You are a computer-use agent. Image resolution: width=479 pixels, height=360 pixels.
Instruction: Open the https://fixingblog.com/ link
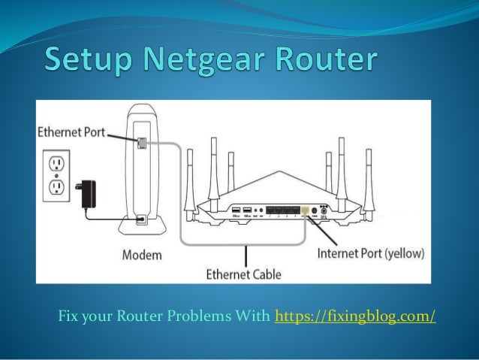point(356,313)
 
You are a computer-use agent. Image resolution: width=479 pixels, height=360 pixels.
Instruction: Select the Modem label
point(140,255)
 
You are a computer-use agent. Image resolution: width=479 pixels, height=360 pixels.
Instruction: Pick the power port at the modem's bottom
point(142,219)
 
